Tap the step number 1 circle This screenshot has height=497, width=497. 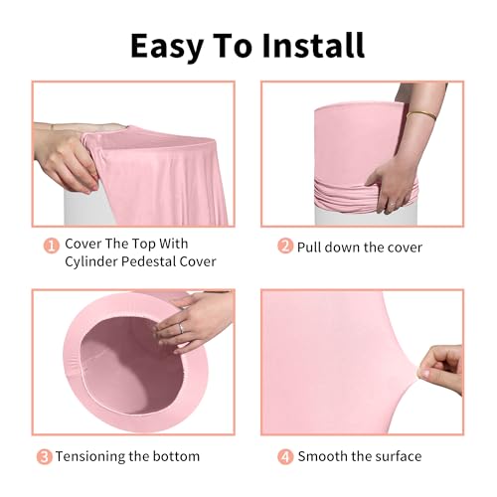click(49, 245)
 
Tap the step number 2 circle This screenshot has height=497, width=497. click(284, 247)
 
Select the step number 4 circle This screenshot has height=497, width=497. click(284, 456)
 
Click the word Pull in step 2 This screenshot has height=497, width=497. click(313, 247)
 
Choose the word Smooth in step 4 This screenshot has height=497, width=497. click(324, 456)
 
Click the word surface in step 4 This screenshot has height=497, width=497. click(395, 456)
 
